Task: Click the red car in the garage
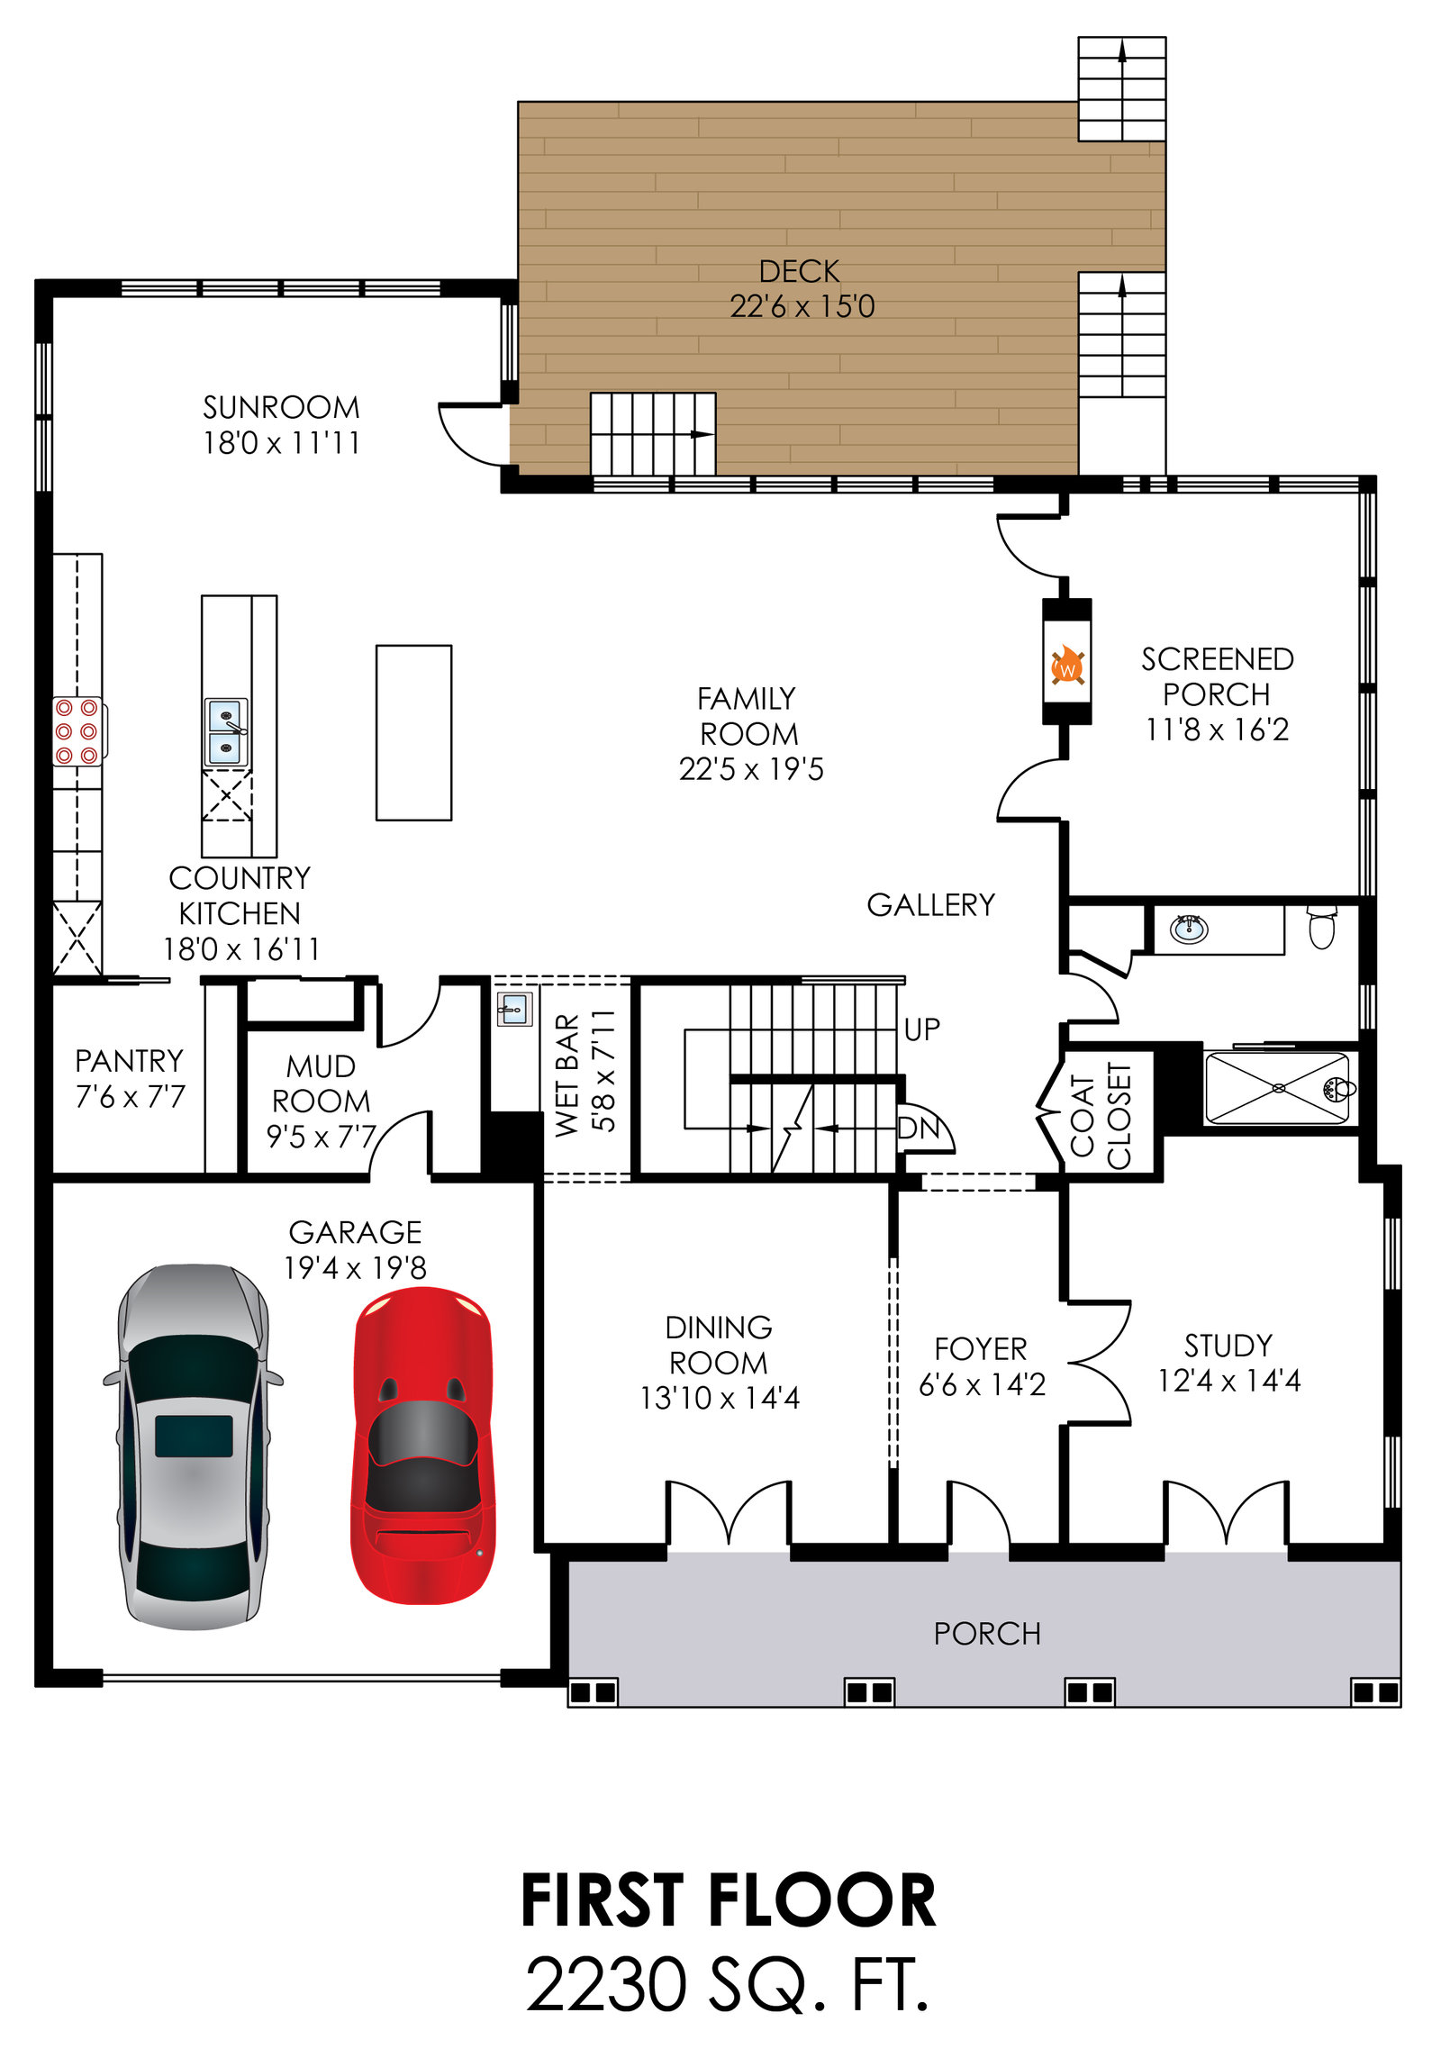(422, 1445)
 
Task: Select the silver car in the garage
(193, 1446)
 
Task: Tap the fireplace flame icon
(1067, 666)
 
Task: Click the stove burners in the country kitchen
(77, 731)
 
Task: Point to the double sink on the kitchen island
(226, 731)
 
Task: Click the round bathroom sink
(1189, 928)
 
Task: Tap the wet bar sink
(514, 1009)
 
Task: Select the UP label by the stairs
(921, 1029)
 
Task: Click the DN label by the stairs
(918, 1127)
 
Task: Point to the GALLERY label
(930, 905)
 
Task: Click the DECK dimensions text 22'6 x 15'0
(802, 307)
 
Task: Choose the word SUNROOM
(281, 408)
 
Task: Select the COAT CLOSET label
(1100, 1116)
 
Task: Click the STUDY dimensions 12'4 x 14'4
(1228, 1381)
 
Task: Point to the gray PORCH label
(987, 1634)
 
